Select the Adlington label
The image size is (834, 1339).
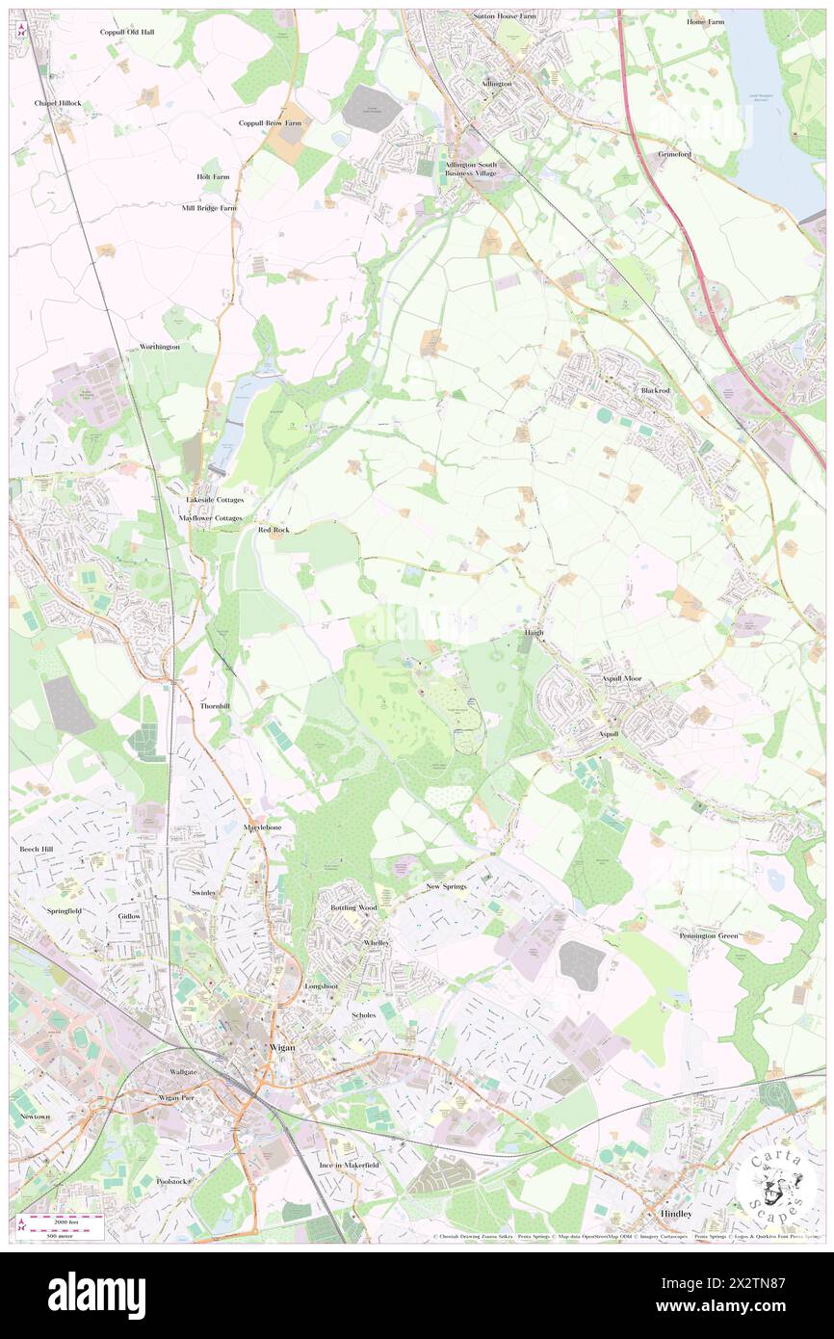tap(497, 84)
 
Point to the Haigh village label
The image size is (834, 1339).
tap(534, 633)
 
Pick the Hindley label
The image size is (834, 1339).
tap(676, 1214)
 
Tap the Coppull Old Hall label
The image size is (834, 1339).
tap(127, 32)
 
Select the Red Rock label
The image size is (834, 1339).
tap(274, 530)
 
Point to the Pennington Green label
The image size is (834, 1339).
tap(708, 935)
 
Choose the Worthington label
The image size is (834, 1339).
tap(160, 347)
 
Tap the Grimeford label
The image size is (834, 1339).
tap(674, 154)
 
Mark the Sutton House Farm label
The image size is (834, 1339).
tap(505, 16)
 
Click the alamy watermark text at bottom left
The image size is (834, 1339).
tap(96, 1296)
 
